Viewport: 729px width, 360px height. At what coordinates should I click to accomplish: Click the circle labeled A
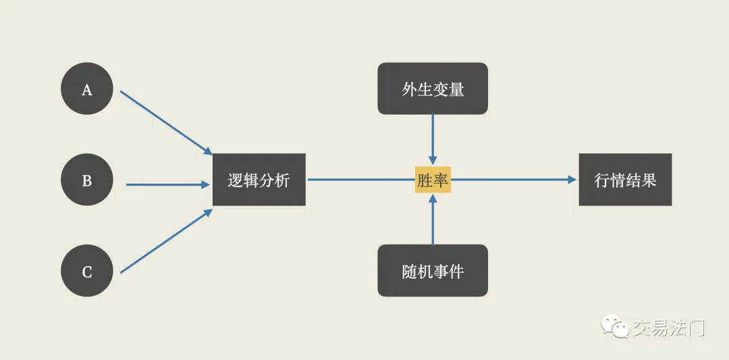87,89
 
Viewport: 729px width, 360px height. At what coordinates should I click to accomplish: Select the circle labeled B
87,180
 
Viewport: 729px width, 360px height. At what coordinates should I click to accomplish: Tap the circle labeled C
87,272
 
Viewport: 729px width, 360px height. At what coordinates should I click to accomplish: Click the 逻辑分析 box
259,180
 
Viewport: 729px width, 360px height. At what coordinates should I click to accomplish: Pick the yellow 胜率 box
432,180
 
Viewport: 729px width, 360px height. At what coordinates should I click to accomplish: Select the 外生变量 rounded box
432,88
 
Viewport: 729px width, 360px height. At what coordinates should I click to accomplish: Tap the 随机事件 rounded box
432,271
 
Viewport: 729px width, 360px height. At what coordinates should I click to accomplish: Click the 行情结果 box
625,180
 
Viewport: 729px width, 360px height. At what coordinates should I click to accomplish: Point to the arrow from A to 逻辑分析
165,122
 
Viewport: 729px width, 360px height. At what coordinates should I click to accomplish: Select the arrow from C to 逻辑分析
165,242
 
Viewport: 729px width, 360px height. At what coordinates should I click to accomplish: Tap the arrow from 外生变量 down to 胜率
433,138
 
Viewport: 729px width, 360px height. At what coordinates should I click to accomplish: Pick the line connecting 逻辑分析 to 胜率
360,180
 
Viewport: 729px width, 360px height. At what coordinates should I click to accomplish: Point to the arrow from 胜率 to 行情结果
513,180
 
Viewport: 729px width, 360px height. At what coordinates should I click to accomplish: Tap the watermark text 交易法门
669,328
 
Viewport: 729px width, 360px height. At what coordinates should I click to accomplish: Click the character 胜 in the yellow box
425,180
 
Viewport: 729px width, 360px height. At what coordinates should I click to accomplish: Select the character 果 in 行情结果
649,180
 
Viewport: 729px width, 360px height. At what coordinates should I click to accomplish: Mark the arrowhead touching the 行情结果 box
573,180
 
